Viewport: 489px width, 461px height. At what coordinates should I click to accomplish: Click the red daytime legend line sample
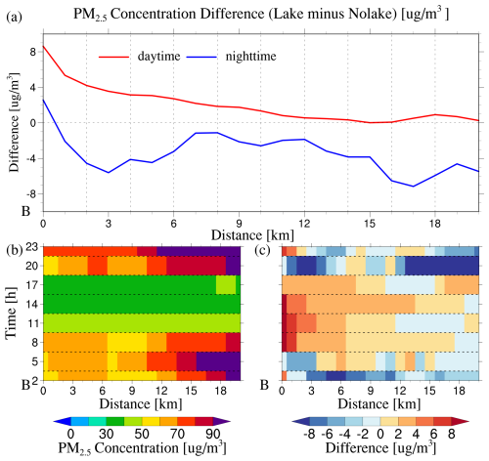tap(113, 57)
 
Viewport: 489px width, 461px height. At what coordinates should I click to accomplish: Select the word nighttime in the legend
tap(250, 57)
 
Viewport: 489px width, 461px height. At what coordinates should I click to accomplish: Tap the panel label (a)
tap(14, 17)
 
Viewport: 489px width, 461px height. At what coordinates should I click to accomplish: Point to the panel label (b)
tap(15, 250)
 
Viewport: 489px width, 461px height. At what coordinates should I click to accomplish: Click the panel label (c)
tap(262, 250)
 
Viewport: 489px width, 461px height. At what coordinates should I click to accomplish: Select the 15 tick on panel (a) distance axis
tap(370, 224)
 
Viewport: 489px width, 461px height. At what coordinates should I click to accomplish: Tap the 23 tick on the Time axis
tap(33, 247)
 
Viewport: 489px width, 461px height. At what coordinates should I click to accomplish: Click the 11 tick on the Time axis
tap(33, 323)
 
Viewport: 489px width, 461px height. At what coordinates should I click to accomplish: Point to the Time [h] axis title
tap(12, 313)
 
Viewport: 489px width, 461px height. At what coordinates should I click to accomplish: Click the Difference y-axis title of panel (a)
tap(15, 121)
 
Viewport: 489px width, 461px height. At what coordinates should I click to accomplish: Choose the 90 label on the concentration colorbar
tap(213, 434)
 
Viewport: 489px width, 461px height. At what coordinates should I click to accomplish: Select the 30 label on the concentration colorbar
tap(106, 434)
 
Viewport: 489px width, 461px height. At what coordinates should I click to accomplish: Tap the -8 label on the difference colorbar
tap(309, 434)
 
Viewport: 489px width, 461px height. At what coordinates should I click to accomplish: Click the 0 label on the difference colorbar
tap(380, 434)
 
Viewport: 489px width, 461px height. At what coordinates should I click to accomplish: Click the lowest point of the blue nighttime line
tap(414, 187)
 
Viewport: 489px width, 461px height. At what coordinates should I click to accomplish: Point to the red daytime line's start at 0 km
tap(43, 46)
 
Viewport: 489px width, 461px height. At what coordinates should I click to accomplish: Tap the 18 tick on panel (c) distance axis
tap(459, 390)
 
